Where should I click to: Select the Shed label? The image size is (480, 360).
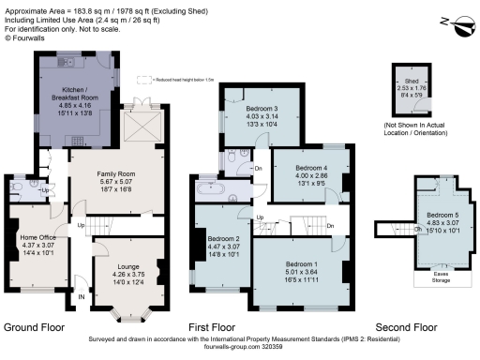pos(409,81)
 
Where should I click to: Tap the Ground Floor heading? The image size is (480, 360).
pos(39,327)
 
